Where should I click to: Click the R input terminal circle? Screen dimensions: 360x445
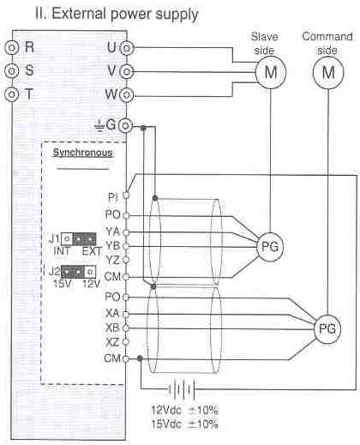click(x=12, y=47)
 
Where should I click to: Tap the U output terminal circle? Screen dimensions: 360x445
click(x=127, y=48)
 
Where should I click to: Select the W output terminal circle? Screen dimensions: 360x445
click(x=127, y=94)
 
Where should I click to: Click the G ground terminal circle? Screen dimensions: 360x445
click(x=126, y=125)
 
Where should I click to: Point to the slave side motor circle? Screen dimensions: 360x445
click(x=270, y=72)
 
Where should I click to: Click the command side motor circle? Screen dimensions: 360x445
click(x=328, y=72)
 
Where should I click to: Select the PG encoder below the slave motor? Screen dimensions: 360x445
click(x=270, y=247)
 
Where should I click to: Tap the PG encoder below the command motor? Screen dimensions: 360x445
click(x=327, y=328)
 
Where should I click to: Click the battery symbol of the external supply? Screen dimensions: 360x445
click(x=182, y=389)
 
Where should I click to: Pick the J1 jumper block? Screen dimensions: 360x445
click(x=79, y=239)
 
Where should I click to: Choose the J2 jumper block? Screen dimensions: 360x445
click(x=79, y=272)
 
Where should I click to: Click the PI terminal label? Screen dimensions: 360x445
click(x=113, y=197)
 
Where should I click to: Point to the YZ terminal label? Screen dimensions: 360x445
click(x=112, y=260)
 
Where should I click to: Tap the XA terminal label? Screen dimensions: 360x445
click(x=112, y=314)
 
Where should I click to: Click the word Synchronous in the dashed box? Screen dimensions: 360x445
click(x=82, y=153)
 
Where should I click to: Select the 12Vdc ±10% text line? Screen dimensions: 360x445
click(x=184, y=410)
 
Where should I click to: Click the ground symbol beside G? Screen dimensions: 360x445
click(x=99, y=126)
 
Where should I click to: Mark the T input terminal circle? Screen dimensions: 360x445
click(x=12, y=93)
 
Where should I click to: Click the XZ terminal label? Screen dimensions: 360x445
click(x=112, y=342)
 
